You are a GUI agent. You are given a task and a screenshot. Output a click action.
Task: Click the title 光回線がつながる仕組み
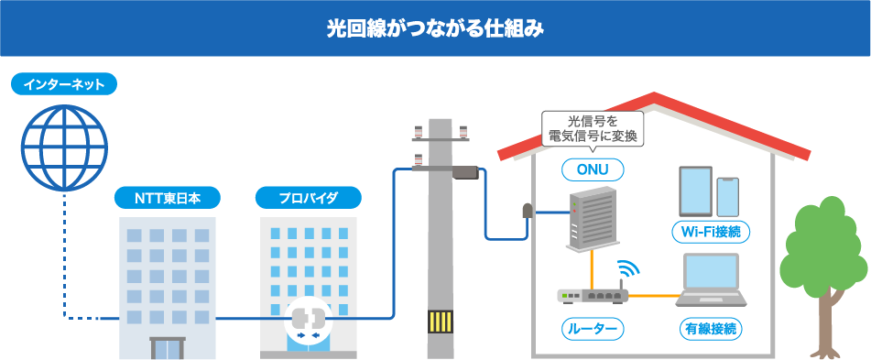point(435,29)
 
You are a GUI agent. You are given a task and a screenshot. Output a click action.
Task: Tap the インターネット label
point(64,84)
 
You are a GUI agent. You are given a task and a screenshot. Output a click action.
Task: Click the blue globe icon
point(64,148)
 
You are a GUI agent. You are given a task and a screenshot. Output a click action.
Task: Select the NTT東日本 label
point(168,198)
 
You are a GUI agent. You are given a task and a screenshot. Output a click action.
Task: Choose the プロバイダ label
point(309,198)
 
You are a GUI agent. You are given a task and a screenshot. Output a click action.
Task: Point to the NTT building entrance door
point(168,348)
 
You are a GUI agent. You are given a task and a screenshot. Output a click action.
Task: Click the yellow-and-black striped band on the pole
point(440,322)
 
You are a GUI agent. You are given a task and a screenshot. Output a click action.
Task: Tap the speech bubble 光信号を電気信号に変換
point(592,131)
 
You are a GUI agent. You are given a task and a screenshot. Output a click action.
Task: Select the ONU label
point(592,170)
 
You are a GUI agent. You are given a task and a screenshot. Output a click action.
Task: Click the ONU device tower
point(593,218)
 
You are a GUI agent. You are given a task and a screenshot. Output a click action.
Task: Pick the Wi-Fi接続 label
point(711,232)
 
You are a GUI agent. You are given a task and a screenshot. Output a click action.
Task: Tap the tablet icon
point(695,191)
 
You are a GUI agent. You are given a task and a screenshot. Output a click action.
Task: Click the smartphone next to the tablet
point(728,197)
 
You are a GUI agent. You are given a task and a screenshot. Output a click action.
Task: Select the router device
point(593,295)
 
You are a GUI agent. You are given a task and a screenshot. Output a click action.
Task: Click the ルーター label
point(593,329)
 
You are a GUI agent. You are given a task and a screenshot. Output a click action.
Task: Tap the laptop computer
point(711,280)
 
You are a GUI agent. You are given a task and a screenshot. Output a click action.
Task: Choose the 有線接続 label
point(711,329)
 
